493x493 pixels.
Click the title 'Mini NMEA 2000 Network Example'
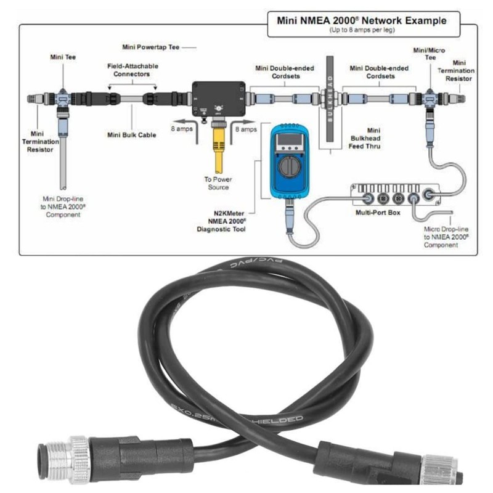tap(361, 20)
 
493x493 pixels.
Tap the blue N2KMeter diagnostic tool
tap(289, 161)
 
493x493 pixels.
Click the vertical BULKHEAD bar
tap(329, 102)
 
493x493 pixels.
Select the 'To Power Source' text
tap(217, 183)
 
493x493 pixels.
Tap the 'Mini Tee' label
tap(63, 57)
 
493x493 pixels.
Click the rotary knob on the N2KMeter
tap(288, 166)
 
